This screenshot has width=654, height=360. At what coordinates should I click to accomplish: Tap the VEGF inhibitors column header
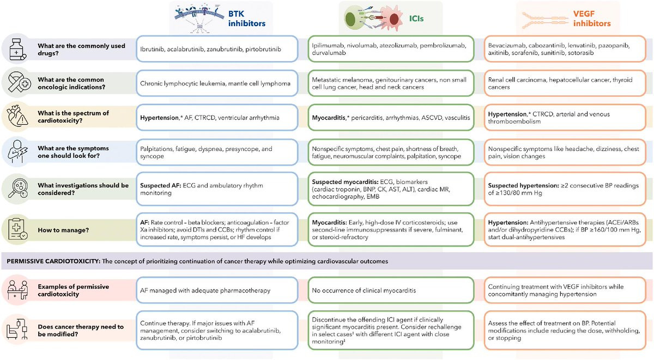pyautogui.click(x=592, y=19)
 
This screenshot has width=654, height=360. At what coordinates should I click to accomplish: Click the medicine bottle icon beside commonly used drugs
pyautogui.click(x=15, y=49)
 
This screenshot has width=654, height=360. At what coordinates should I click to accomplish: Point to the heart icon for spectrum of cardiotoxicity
pyautogui.click(x=15, y=117)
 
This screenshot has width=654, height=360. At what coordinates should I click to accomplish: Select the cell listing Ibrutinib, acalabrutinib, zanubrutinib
pyautogui.click(x=217, y=49)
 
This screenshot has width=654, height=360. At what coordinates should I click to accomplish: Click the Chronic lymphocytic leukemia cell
pyautogui.click(x=217, y=83)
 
